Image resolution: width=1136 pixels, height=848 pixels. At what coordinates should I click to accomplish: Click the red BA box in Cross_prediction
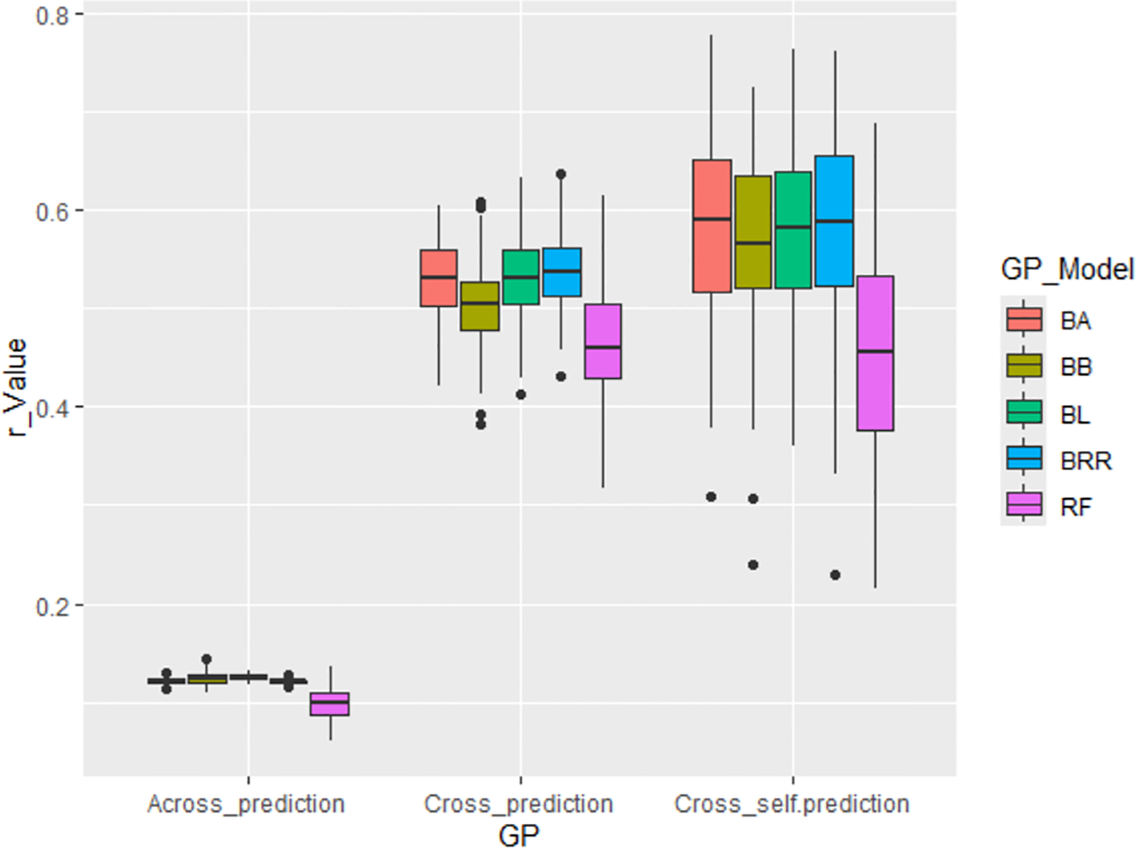tap(439, 278)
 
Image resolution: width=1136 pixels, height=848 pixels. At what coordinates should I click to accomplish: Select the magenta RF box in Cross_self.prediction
tap(875, 353)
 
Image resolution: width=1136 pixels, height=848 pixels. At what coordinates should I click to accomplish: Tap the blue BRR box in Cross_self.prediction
tap(834, 221)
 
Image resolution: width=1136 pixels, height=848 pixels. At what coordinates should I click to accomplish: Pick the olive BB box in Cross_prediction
tap(479, 306)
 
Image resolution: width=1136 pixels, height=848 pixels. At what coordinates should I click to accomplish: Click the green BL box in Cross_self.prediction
tap(793, 229)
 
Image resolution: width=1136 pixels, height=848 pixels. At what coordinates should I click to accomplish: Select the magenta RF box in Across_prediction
tap(329, 704)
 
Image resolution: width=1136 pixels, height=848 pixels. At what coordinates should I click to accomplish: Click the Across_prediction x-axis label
tap(246, 804)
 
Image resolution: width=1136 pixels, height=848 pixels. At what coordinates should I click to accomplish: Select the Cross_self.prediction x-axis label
tap(792, 804)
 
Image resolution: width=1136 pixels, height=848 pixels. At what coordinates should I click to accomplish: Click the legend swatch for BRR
tap(1024, 459)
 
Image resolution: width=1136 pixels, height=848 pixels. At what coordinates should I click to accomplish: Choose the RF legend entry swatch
tap(1024, 505)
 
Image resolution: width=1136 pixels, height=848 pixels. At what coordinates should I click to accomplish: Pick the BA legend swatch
tap(1024, 319)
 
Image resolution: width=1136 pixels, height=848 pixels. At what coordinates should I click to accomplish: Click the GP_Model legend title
tap(1066, 269)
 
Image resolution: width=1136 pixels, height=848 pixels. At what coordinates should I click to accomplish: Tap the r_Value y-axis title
tap(16, 387)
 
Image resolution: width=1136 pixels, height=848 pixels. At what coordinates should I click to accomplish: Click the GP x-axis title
tap(519, 834)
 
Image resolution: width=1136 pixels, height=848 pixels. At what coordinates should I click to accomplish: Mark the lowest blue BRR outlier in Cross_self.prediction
tap(835, 575)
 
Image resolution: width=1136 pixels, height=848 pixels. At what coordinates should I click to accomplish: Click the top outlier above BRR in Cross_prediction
tap(561, 174)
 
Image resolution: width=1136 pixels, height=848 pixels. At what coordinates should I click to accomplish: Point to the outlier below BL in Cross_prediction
tap(520, 395)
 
